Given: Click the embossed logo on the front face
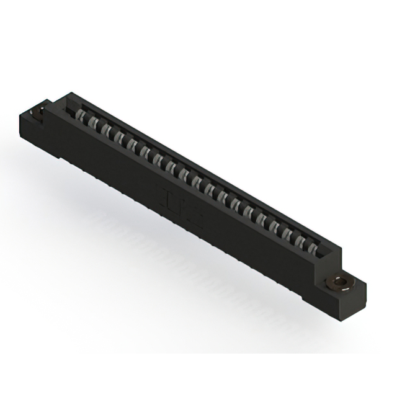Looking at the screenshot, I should pos(180,205).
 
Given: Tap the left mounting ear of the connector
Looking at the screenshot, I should pos(36,117).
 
